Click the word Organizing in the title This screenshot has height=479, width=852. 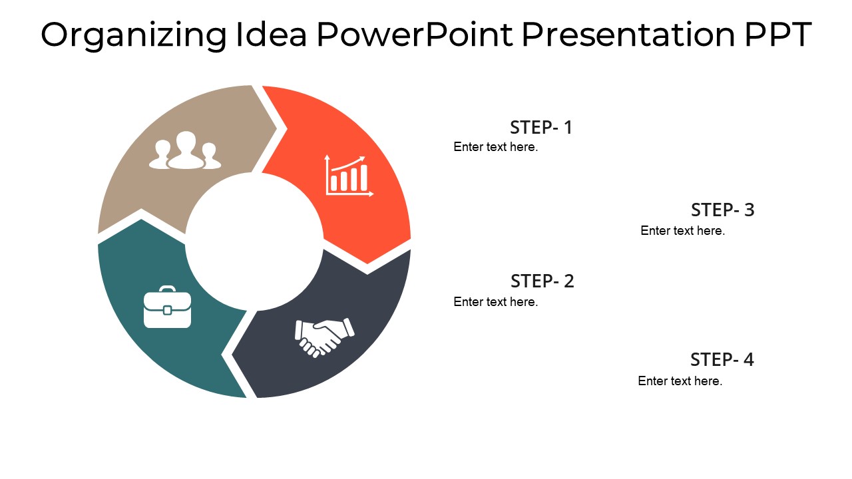pos(134,36)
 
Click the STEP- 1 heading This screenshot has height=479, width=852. pos(541,127)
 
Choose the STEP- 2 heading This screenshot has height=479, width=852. pos(542,281)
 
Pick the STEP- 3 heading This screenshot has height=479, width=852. pos(723,210)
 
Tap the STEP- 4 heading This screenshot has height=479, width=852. pos(722,360)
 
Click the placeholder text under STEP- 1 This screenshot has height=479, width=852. pos(496,147)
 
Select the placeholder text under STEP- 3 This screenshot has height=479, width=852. pos(683,230)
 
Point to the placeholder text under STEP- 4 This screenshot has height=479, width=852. pos(680,381)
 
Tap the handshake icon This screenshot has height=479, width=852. pos(324,337)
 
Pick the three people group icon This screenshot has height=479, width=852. pos(185,150)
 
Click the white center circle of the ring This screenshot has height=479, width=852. pos(254,241)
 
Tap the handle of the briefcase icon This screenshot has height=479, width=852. pos(167,289)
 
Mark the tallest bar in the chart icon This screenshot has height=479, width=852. pos(363,178)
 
